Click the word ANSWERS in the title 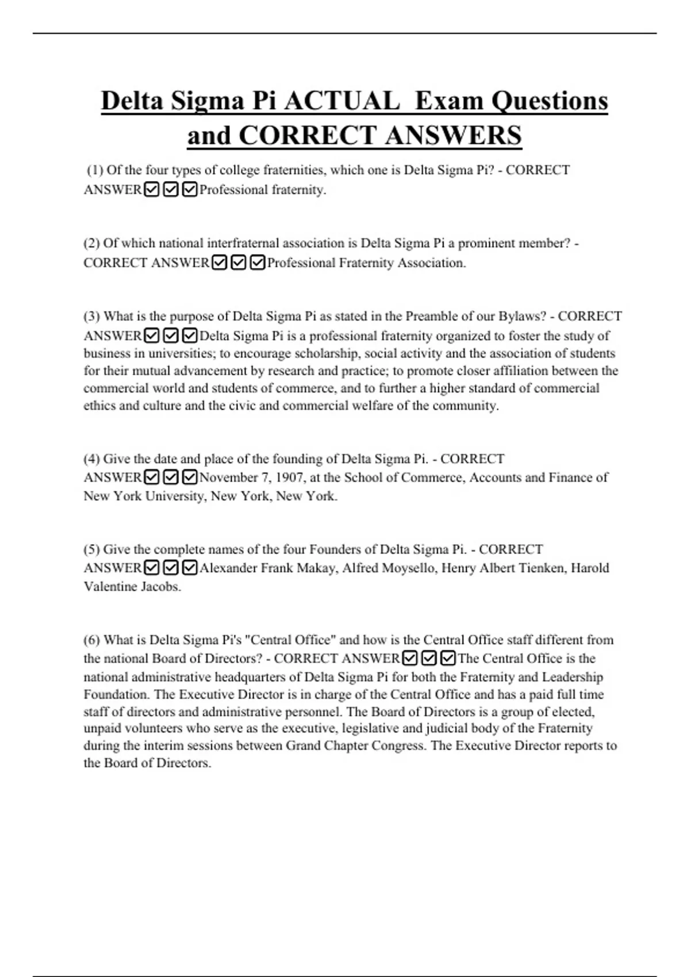point(454,136)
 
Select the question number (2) point(92,243)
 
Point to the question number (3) point(92,316)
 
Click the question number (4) point(92,459)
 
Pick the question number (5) point(92,549)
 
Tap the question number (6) point(92,640)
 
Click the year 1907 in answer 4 point(291,478)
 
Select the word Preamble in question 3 point(431,316)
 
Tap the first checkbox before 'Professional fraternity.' point(152,189)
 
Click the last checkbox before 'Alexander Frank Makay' point(189,568)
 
